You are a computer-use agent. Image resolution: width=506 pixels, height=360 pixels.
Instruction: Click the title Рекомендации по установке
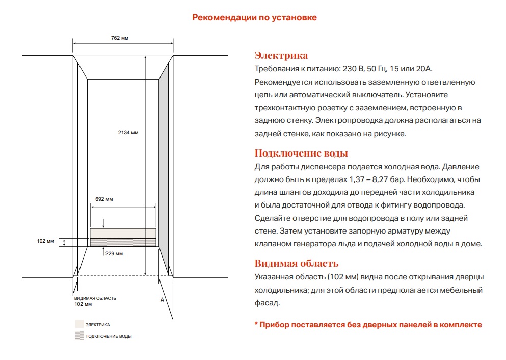coord(254,17)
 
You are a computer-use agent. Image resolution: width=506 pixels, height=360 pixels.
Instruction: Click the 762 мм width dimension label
coord(119,38)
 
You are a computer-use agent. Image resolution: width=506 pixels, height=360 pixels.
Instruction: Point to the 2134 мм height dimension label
coord(128,133)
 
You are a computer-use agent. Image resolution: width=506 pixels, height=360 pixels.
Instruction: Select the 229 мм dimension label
coord(114,253)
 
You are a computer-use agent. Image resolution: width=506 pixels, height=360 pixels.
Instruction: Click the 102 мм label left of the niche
coord(46,241)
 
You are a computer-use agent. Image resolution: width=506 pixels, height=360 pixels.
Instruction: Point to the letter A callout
coord(162,300)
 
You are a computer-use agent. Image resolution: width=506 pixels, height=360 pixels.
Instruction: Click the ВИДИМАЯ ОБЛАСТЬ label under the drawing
coord(95,298)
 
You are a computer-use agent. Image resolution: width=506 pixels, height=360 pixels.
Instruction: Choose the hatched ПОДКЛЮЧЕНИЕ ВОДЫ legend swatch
coord(79,336)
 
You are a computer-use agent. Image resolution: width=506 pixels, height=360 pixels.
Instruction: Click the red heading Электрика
coord(281,56)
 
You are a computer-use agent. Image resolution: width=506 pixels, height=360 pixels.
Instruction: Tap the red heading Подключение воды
coord(301,153)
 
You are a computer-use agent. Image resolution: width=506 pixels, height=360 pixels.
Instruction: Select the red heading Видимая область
coord(296,264)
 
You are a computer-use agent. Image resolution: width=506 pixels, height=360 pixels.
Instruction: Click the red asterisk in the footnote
coord(256,324)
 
